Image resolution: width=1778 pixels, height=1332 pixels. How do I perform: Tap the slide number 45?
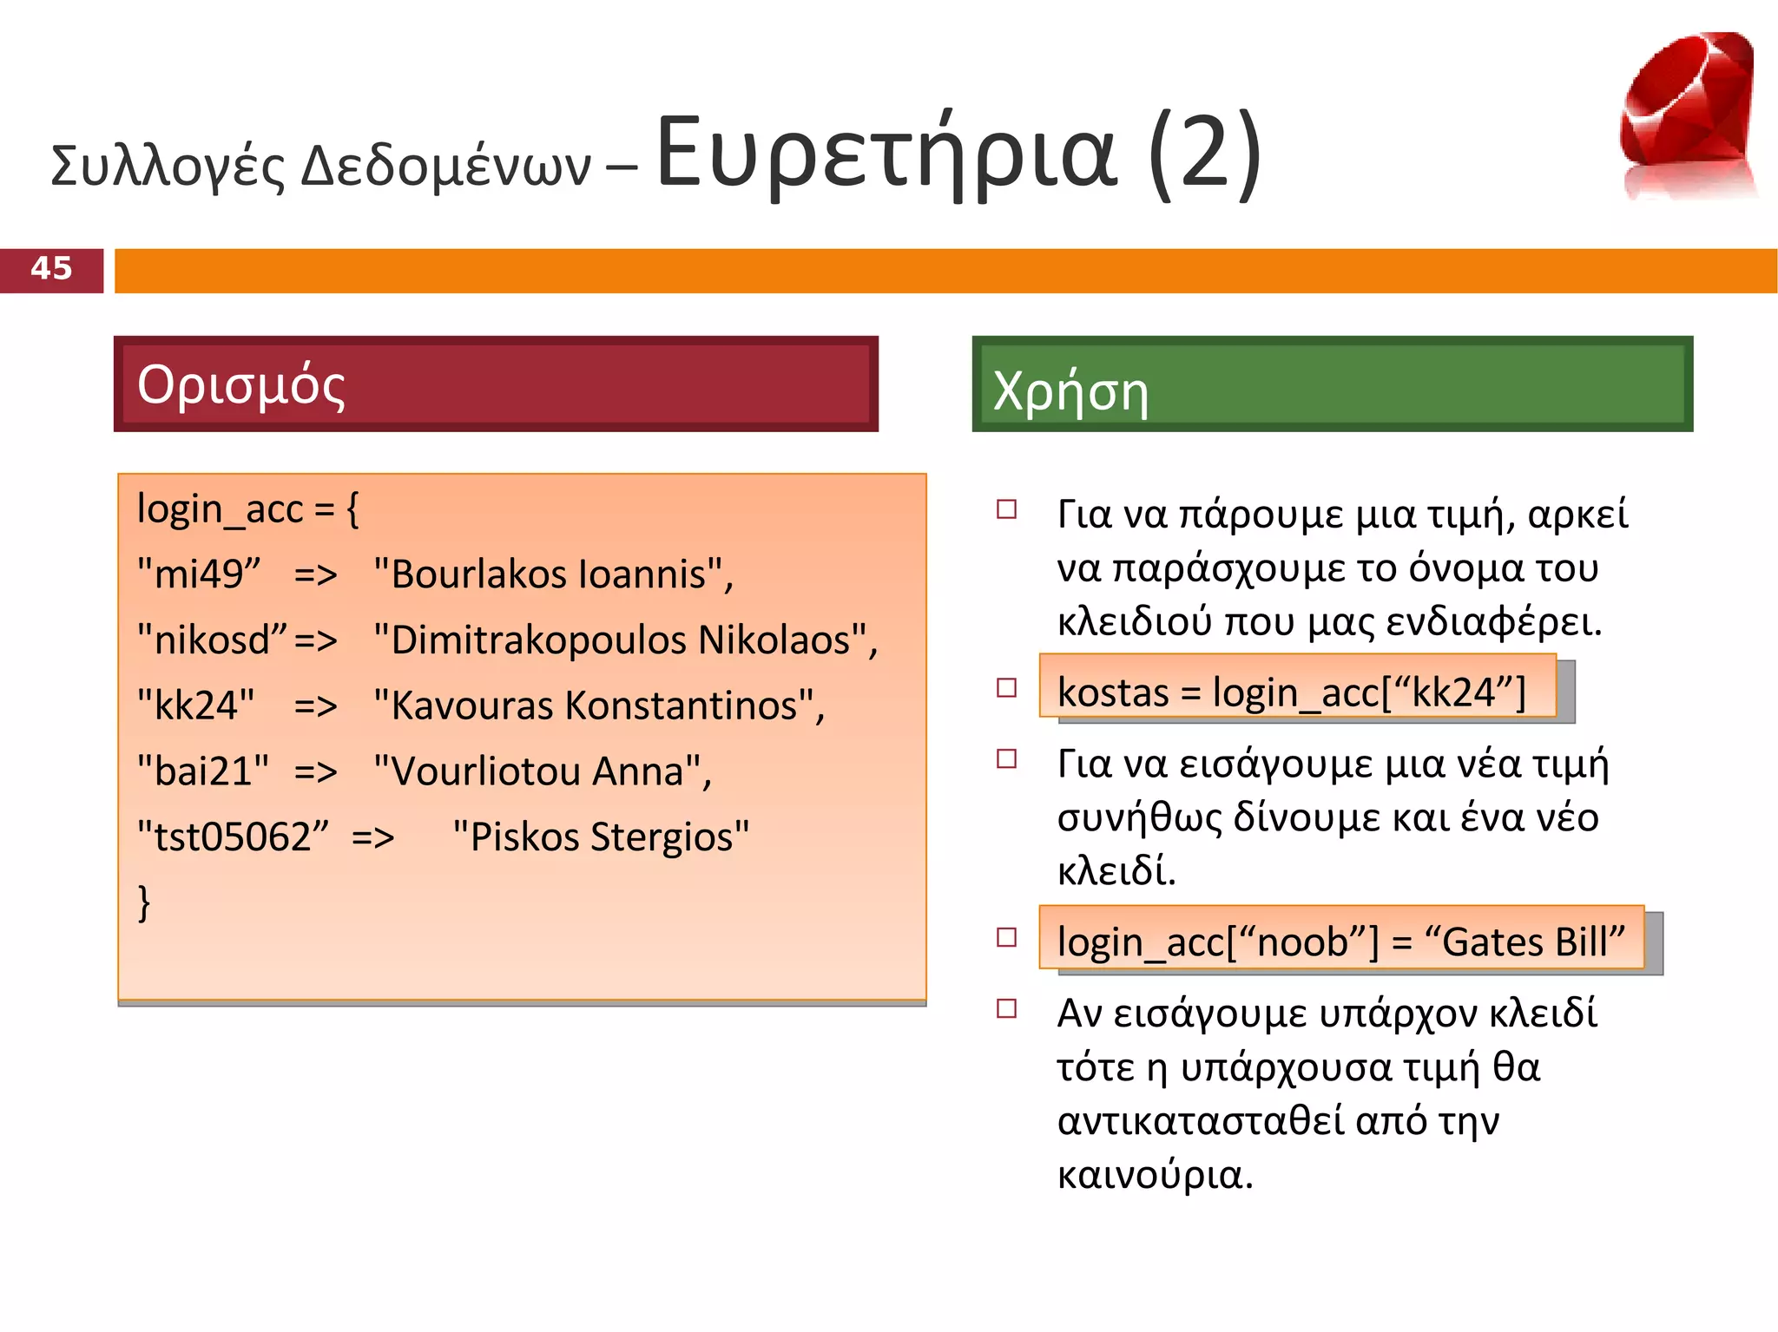point(51,269)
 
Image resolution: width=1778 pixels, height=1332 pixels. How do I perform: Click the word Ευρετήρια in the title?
point(886,154)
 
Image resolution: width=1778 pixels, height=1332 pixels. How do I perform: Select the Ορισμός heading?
point(240,384)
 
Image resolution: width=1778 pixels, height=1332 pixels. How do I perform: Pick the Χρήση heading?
point(1070,391)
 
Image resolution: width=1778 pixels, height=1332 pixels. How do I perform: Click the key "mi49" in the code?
point(199,574)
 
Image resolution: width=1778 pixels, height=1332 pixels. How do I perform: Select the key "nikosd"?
point(212,640)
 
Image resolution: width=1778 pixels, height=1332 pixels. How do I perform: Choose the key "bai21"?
point(203,771)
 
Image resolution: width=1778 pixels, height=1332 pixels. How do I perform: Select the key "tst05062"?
point(233,837)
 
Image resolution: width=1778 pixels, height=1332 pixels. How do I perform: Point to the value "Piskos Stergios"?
point(601,837)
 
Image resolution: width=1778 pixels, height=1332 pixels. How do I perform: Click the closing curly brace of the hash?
point(144,902)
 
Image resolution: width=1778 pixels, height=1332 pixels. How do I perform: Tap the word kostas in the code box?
point(1113,692)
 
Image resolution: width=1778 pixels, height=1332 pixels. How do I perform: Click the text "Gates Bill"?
point(1524,942)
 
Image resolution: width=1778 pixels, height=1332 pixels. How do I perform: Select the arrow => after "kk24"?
point(315,706)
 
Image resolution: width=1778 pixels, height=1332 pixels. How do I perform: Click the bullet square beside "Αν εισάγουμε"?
point(1007,1008)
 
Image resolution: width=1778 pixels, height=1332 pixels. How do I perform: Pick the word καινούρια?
point(1155,1175)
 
